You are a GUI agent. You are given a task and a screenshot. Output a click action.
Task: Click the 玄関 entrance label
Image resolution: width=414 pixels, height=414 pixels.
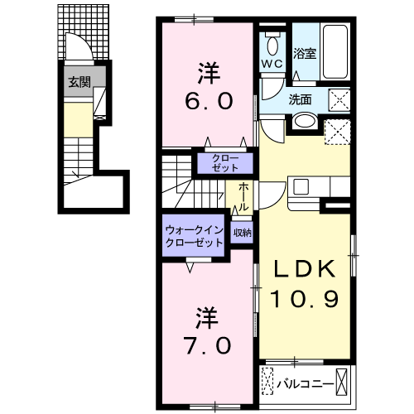79,82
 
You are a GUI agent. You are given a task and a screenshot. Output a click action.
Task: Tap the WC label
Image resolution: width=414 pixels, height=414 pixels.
272,64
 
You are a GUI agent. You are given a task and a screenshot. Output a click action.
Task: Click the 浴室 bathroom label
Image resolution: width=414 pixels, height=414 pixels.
305,53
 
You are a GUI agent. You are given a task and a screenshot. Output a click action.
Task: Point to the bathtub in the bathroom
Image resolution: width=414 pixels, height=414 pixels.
335,51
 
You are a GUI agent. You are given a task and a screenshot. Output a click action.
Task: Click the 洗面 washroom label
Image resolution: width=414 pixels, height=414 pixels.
300,99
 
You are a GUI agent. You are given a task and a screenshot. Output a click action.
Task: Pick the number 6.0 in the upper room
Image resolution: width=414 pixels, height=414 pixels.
209,101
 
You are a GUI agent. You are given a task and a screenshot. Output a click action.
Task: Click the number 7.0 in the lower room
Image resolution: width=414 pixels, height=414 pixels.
209,345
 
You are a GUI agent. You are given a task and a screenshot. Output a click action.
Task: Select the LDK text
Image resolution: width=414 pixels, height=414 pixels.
305,268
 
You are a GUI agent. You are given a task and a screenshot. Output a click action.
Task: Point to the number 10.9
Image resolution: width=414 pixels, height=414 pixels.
304,299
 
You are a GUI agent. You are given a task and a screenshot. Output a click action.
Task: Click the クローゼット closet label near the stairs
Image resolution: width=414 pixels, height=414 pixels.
225,163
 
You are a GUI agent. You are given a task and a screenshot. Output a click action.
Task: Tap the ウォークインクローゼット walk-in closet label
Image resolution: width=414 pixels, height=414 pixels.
194,236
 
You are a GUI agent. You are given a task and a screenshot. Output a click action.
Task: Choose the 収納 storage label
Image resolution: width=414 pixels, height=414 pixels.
243,233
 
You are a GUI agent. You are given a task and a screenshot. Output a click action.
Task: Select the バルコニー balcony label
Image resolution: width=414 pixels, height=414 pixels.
306,384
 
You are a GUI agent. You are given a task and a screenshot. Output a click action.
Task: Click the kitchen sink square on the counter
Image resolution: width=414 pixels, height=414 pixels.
301,186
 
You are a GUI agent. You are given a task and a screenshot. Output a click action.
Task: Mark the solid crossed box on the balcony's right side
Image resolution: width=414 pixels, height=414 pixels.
341,383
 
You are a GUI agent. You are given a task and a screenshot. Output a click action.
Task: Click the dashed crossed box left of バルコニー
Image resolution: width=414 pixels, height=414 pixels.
267,382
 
